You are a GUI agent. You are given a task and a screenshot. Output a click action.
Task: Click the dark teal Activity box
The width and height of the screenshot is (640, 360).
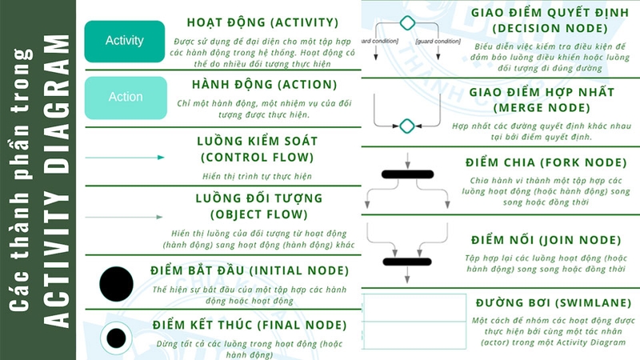(x=125, y=41)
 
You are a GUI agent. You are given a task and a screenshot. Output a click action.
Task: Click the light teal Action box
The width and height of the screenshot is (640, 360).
(x=125, y=97)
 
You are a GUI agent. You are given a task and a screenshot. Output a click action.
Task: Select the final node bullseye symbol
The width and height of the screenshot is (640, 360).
(x=116, y=337)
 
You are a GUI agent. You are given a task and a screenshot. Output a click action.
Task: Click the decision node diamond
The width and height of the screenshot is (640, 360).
(x=407, y=22)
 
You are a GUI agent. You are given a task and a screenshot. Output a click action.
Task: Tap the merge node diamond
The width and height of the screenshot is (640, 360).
(x=407, y=126)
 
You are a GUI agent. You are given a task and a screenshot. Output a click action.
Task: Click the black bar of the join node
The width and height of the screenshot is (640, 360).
(x=408, y=261)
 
